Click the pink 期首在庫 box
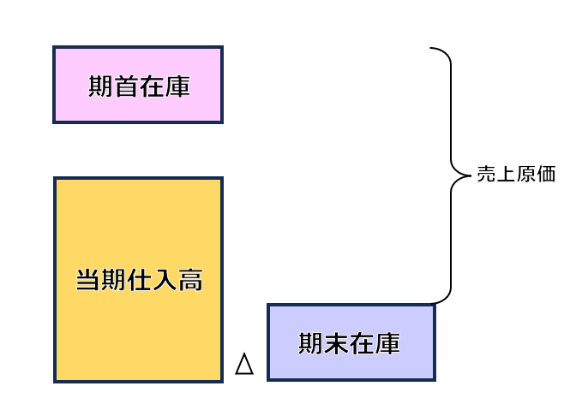[x=137, y=85]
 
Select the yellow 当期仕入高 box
[x=138, y=279]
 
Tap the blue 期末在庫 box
[x=351, y=342]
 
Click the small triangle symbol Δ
[x=244, y=365]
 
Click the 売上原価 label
[x=516, y=175]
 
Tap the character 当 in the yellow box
[x=87, y=281]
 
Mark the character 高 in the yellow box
[x=191, y=281]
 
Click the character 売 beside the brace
[x=486, y=175]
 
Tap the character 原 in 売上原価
[x=526, y=175]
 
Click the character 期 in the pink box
[x=100, y=86]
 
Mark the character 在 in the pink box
[x=152, y=86]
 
